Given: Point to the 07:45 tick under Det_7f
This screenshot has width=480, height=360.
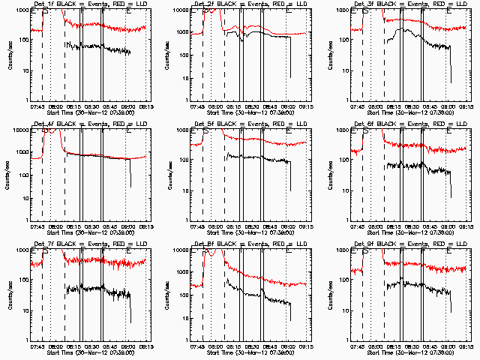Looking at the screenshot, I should pos(37,346).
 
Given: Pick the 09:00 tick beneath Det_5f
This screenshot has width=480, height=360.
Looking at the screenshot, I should pos(288,226).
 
